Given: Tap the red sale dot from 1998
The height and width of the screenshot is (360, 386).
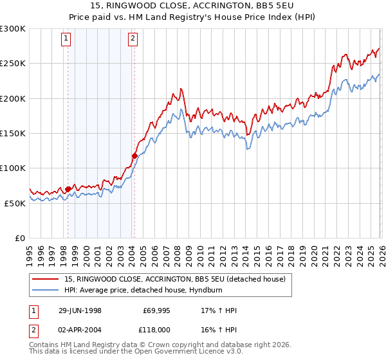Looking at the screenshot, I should point(68,189).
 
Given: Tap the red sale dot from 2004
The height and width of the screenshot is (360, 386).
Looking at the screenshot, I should point(134,156).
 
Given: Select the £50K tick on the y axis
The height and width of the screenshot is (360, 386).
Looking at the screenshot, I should point(15,203).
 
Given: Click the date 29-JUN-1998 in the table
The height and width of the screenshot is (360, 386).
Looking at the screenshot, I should point(80,310).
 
